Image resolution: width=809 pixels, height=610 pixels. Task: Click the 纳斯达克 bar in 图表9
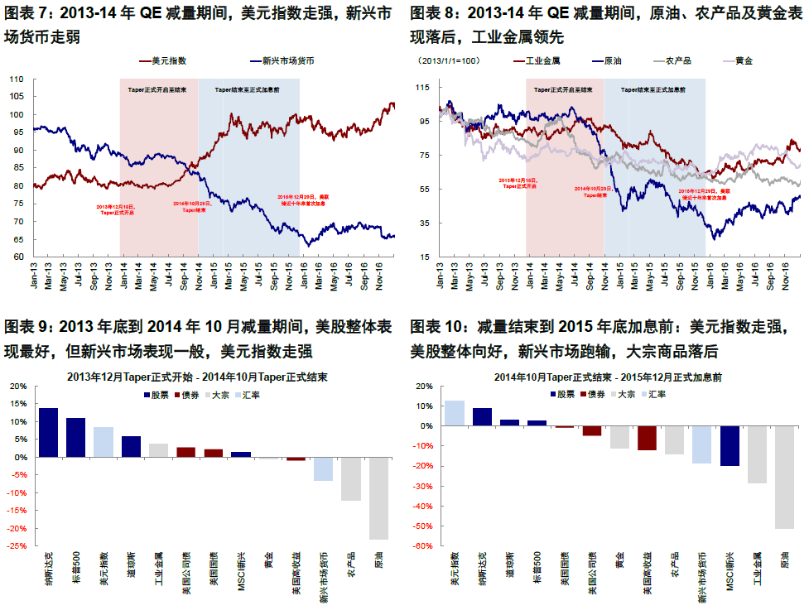49,432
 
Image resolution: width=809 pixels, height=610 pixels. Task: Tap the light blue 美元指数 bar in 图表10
455,413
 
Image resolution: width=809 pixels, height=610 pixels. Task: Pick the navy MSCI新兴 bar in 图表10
730,446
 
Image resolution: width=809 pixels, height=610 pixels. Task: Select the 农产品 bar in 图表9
351,478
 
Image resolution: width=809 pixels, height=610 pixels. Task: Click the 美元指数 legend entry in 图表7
169,61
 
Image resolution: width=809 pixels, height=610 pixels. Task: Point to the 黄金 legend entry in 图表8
744,61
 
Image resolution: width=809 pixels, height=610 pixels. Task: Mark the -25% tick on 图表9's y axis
17,545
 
